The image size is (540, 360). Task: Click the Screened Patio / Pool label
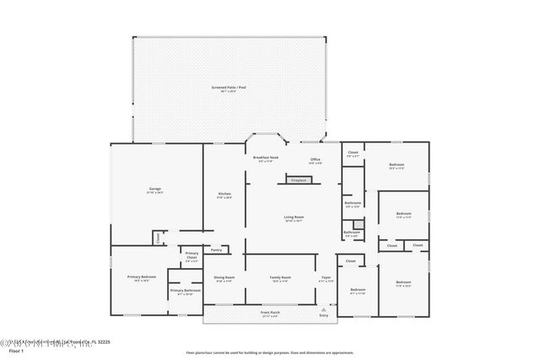(x=229, y=88)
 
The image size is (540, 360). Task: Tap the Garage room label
(x=155, y=190)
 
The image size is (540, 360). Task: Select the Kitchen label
(x=224, y=195)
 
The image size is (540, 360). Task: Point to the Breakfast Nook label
(x=266, y=159)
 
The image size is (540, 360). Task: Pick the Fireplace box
(x=298, y=180)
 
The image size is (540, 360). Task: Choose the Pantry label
(x=216, y=250)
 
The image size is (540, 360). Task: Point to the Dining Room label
(x=224, y=278)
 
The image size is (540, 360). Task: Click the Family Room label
(x=280, y=278)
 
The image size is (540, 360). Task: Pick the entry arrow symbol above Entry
(x=323, y=309)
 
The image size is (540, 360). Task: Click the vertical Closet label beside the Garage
(x=158, y=239)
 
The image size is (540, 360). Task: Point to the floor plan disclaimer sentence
(x=270, y=353)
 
